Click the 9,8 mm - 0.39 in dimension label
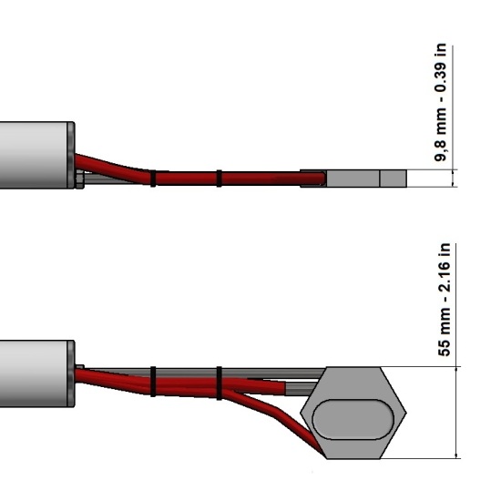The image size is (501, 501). pyautogui.click(x=440, y=102)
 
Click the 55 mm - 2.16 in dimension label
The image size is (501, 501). pyautogui.click(x=445, y=300)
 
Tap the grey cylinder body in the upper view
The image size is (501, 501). pyautogui.click(x=34, y=155)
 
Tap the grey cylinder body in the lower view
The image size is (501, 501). pyautogui.click(x=34, y=373)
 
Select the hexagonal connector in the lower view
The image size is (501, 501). pyautogui.click(x=353, y=413)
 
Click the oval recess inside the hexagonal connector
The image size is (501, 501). pyautogui.click(x=353, y=419)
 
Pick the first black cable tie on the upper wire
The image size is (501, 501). pyautogui.click(x=153, y=179)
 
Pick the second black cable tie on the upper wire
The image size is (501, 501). pyautogui.click(x=219, y=179)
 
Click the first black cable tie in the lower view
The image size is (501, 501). pyautogui.click(x=153, y=382)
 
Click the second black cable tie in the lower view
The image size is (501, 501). pyautogui.click(x=220, y=383)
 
